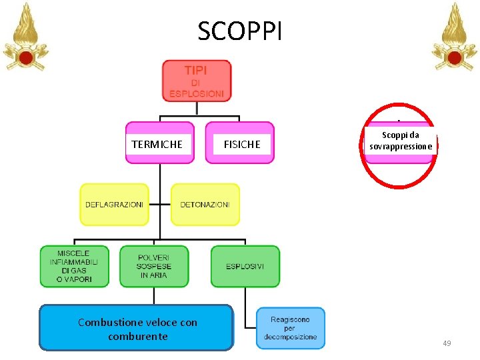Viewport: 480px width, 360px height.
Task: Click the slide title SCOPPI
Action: click(x=240, y=30)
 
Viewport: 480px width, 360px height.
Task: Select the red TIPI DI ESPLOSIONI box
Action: click(x=197, y=81)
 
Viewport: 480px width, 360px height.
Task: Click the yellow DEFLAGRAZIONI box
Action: click(x=114, y=205)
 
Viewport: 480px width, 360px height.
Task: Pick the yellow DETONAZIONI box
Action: click(x=205, y=205)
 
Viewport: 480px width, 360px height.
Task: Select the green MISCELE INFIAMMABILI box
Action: click(x=73, y=266)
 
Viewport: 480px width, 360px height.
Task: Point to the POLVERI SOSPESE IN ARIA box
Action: click(x=154, y=266)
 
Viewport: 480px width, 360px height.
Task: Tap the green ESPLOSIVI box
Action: click(x=245, y=266)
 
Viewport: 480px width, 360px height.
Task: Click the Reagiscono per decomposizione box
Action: click(x=291, y=328)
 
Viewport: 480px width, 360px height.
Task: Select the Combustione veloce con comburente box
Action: click(x=137, y=329)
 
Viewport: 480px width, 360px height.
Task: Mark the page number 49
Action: click(x=446, y=343)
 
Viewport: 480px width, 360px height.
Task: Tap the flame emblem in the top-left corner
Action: click(x=25, y=37)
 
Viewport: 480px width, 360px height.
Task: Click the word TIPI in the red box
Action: click(x=196, y=69)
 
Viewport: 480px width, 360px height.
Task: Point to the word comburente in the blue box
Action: click(x=137, y=336)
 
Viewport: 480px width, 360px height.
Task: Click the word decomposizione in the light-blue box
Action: click(x=291, y=337)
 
